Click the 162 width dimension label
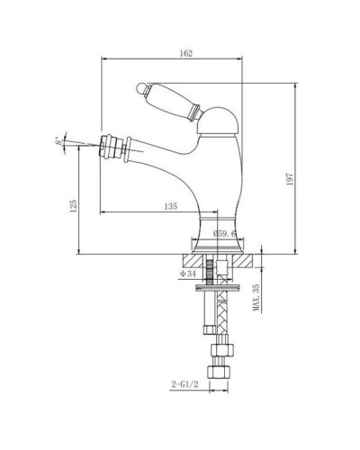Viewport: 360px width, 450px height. point(186,53)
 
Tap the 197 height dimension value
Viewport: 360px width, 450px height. point(290,179)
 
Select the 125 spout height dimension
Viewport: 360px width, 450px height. point(73,206)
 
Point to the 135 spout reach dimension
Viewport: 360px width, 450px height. point(171,206)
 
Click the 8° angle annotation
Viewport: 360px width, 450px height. point(60,141)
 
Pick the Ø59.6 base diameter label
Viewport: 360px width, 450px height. point(225,234)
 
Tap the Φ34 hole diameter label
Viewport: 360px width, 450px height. point(188,274)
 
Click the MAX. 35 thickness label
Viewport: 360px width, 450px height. point(256,298)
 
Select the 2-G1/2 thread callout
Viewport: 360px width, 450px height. point(185,384)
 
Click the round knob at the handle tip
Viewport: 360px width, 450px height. point(140,87)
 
